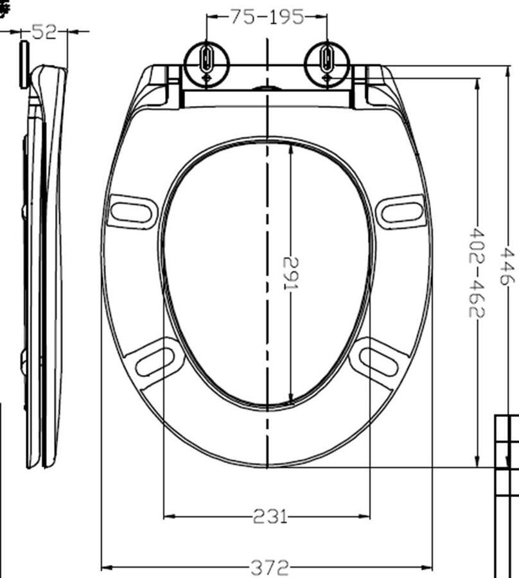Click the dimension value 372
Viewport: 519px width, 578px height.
click(x=269, y=567)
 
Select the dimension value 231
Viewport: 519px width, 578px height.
click(x=269, y=516)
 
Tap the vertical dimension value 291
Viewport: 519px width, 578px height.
click(x=290, y=272)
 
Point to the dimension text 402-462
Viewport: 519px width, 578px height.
click(x=477, y=272)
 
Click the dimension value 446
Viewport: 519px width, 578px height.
click(x=507, y=267)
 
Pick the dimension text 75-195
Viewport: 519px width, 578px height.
click(x=267, y=17)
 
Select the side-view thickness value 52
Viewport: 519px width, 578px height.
click(x=44, y=31)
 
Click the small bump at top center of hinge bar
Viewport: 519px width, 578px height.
click(x=267, y=87)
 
